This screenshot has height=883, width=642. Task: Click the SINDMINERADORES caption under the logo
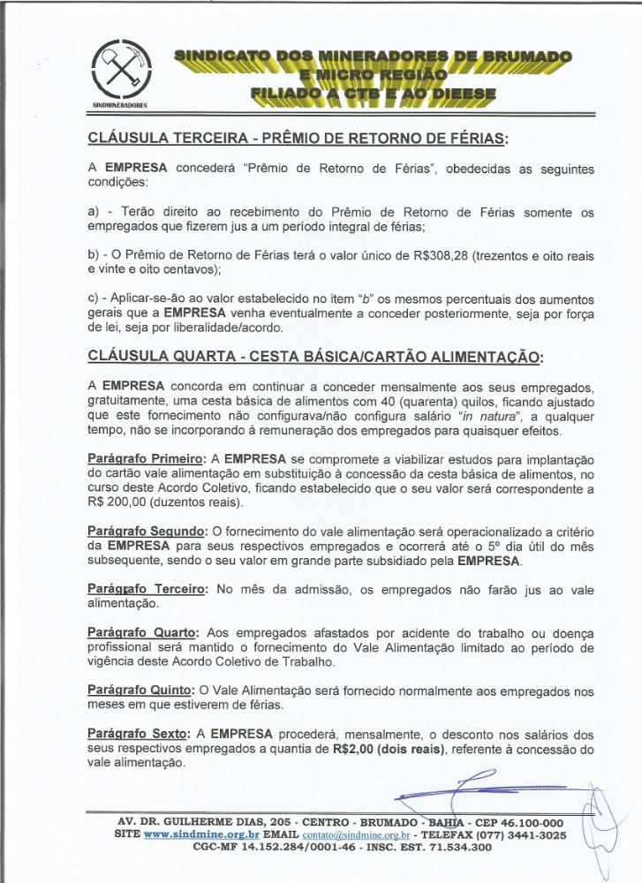point(122,104)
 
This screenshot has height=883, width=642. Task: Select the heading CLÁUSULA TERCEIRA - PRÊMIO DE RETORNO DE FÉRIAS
point(298,139)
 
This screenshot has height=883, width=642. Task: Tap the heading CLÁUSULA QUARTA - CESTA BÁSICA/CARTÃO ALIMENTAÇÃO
point(315,357)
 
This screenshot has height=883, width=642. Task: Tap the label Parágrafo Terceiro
point(147,589)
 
